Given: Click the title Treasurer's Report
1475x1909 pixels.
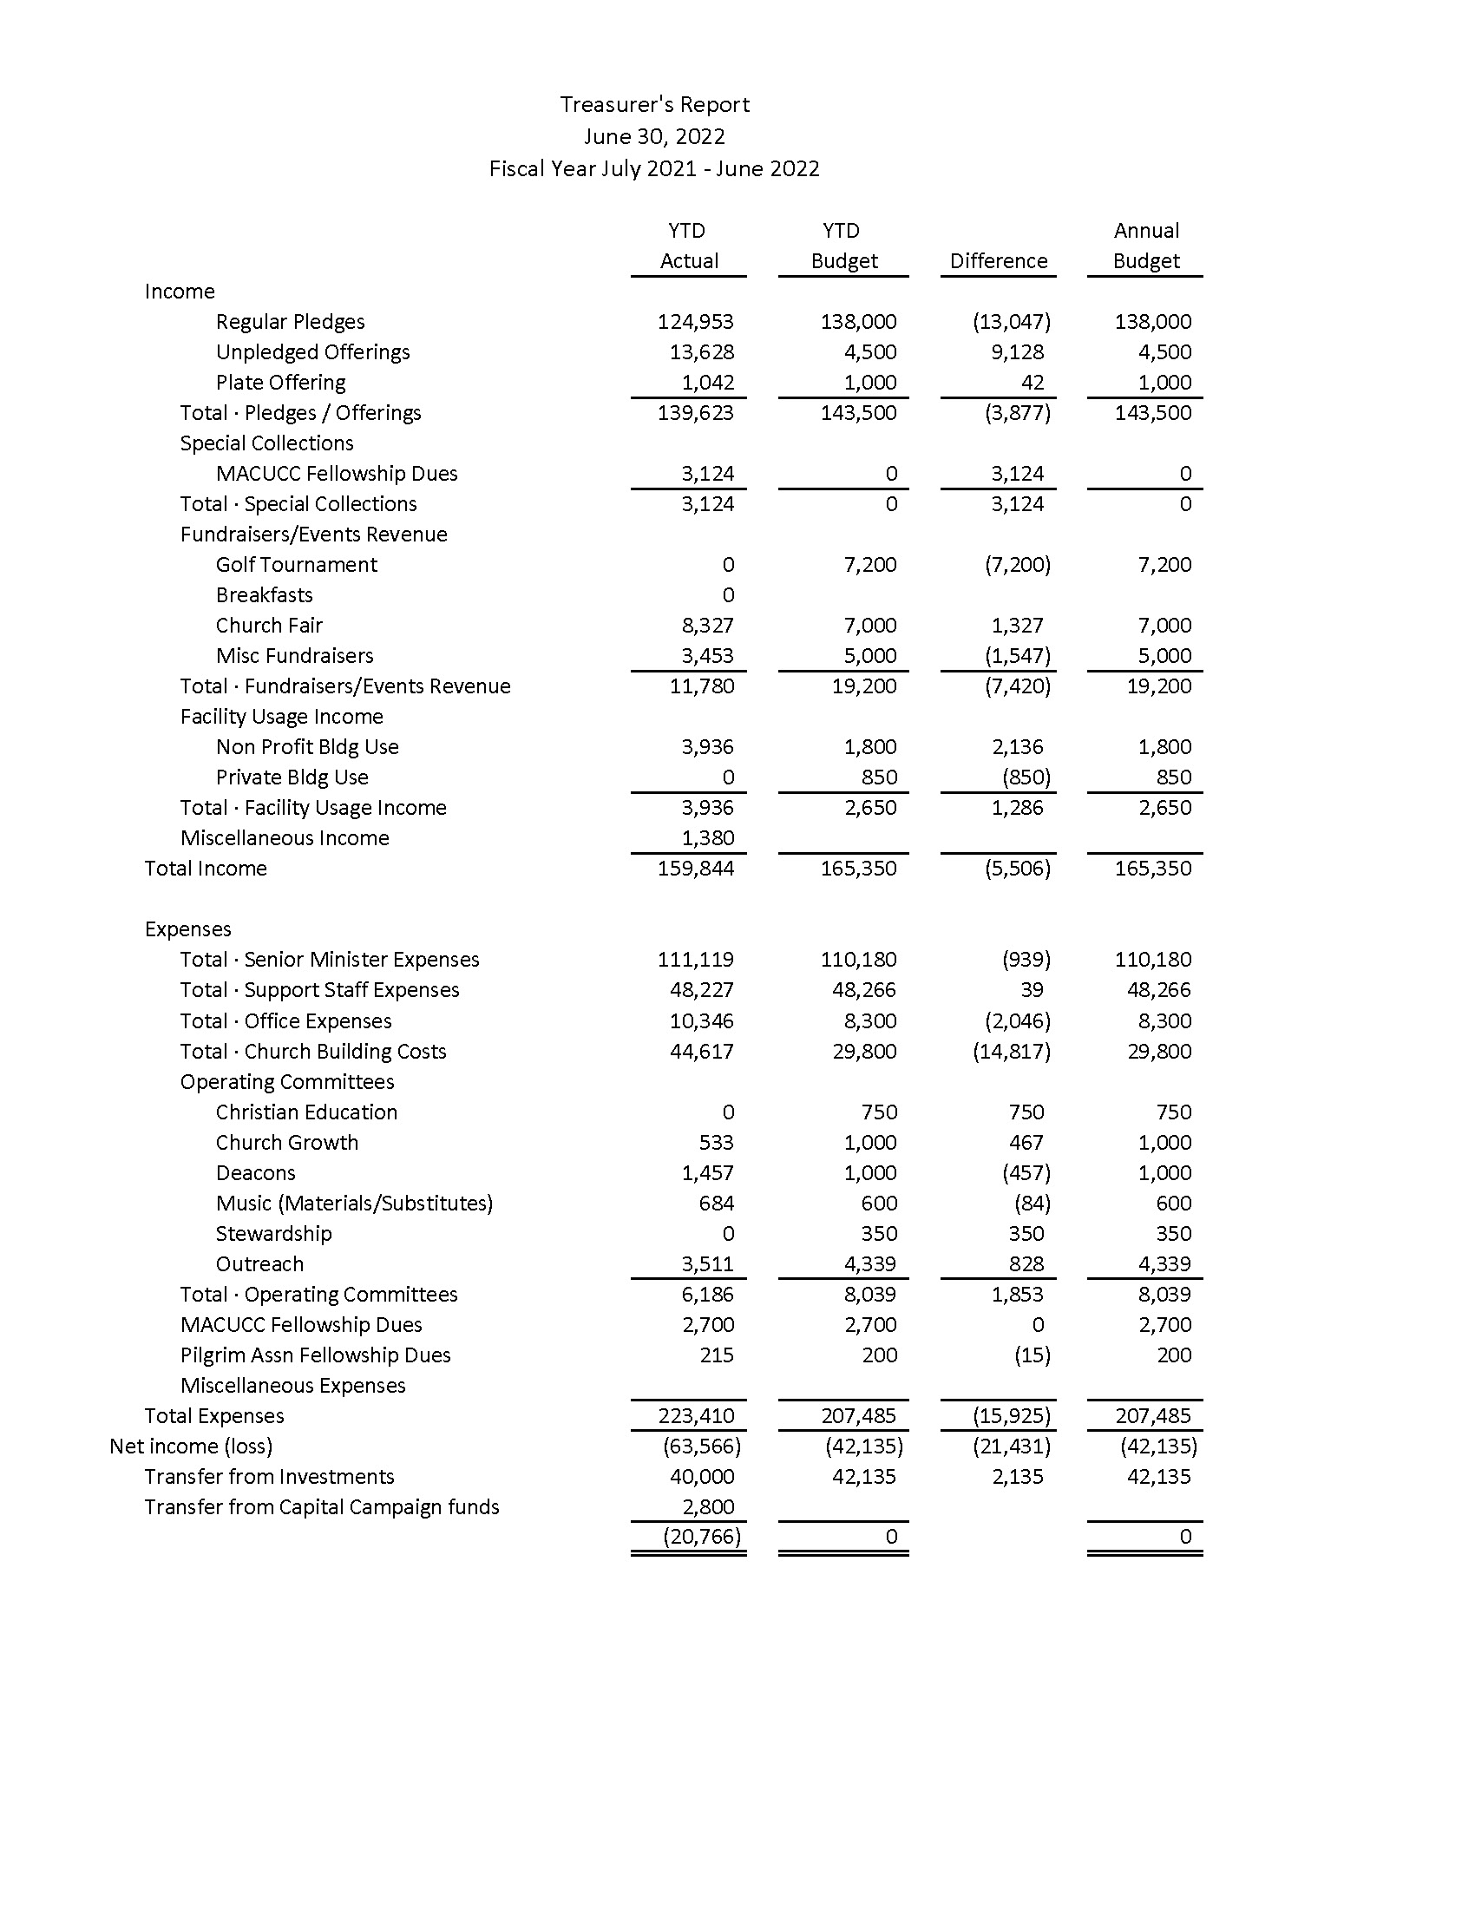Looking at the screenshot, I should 654,105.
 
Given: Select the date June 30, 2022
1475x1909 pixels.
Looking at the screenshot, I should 654,136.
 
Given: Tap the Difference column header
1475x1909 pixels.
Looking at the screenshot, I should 998,260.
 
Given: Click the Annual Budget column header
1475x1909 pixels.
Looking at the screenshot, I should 1145,246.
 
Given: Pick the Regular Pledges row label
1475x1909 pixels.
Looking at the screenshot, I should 290,322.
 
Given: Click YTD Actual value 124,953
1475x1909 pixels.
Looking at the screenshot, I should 696,322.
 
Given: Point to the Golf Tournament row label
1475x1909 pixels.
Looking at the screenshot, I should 296,565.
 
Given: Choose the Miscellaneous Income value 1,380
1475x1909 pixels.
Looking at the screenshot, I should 707,838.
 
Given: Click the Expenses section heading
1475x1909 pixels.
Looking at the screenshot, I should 188,929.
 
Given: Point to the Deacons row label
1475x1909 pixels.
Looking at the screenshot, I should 255,1173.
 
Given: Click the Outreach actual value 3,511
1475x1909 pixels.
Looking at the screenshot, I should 707,1264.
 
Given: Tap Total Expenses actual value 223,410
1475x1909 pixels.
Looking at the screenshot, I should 696,1416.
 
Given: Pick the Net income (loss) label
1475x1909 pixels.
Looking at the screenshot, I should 191,1447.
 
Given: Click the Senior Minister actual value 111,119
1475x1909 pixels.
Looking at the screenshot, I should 696,960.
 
